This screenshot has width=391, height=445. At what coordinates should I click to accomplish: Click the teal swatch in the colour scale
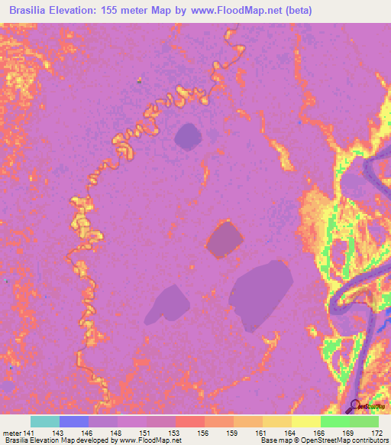(x=45, y=421)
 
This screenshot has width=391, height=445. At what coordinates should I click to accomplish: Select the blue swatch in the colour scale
(x=74, y=421)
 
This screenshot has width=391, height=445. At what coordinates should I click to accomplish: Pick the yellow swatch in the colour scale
(x=305, y=421)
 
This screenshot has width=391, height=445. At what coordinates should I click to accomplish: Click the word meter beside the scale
(x=11, y=433)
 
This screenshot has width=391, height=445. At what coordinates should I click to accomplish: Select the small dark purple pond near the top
(x=188, y=138)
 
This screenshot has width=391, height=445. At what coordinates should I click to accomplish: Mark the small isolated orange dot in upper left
(x=138, y=80)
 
